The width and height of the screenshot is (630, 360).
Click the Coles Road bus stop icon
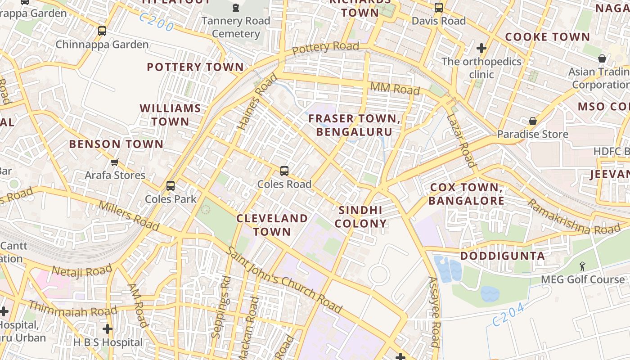pos(284,171)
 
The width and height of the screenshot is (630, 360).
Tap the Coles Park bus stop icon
pos(171,186)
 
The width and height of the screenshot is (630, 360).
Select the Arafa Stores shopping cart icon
pos(115,162)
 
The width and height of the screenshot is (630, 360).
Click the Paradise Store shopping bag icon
pos(533,121)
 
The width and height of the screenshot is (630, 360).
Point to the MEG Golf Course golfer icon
pos(583,266)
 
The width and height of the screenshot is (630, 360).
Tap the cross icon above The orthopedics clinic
pos(481,48)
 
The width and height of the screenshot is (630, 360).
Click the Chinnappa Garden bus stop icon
pos(102,31)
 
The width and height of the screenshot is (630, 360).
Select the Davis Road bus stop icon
pos(439,8)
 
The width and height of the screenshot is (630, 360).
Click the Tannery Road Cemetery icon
pos(236,8)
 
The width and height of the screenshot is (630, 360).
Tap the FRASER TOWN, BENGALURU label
pos(354,125)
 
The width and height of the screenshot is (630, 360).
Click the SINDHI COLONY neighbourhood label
pos(360,217)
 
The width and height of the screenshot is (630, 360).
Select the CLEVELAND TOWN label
pos(272,225)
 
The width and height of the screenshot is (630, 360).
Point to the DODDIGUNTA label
pos(502,256)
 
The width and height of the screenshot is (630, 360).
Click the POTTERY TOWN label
pos(195,67)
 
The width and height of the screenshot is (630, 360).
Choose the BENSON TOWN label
pos(116,144)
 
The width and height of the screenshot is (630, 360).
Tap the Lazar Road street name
pos(461,140)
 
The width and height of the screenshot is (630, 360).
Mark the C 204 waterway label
pos(508,315)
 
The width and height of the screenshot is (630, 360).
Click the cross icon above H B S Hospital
pos(107,329)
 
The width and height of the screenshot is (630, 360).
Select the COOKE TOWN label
pos(547,37)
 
